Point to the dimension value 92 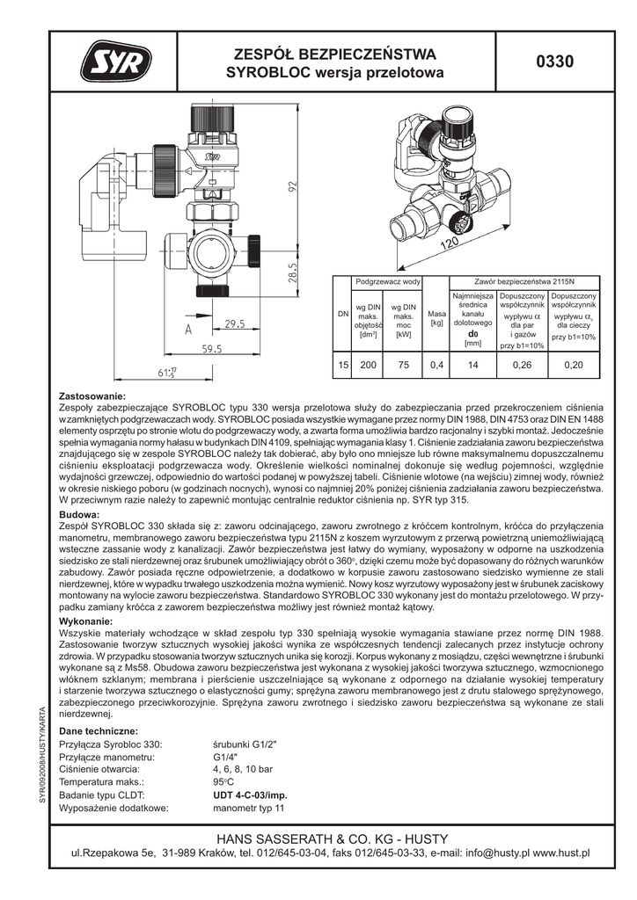[294, 188]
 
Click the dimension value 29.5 [234, 323]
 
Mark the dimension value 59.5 [211, 349]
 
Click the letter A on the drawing [187, 330]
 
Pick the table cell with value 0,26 [523, 365]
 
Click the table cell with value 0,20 [574, 365]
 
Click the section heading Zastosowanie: [92, 396]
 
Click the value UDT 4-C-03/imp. [251, 794]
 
